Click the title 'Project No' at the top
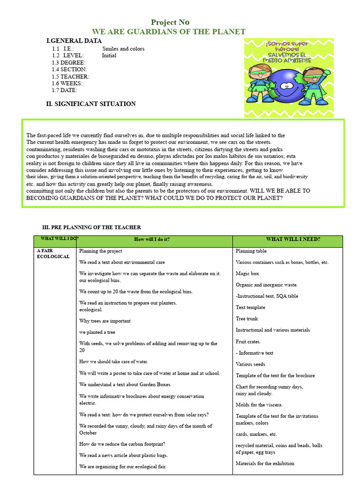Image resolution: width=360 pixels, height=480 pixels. click(170, 22)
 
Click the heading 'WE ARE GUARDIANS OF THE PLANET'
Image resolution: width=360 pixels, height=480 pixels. click(168, 32)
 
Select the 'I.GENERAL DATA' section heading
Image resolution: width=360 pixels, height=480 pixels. click(74, 41)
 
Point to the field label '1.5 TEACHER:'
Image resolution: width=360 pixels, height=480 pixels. click(70, 76)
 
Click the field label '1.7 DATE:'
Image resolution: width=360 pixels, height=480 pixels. click(64, 90)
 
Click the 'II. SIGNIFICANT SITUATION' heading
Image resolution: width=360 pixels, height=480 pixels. click(90, 104)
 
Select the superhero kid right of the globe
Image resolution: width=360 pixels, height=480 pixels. click(313, 85)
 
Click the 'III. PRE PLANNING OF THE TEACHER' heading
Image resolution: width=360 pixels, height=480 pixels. click(91, 227)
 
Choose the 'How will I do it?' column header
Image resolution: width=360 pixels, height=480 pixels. click(152, 240)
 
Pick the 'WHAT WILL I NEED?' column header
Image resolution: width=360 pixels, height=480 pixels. click(293, 240)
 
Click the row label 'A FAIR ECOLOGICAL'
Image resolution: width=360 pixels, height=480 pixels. click(53, 254)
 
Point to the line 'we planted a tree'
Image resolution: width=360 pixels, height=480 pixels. click(97, 332)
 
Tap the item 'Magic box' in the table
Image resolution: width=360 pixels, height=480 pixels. click(247, 273)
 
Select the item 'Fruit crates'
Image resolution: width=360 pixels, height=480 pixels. click(247, 342)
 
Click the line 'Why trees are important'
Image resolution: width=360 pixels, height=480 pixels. click(105, 321)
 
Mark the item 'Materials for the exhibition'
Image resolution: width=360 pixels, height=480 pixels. click(265, 464)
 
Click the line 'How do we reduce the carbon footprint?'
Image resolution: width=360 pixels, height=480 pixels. click(122, 444)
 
